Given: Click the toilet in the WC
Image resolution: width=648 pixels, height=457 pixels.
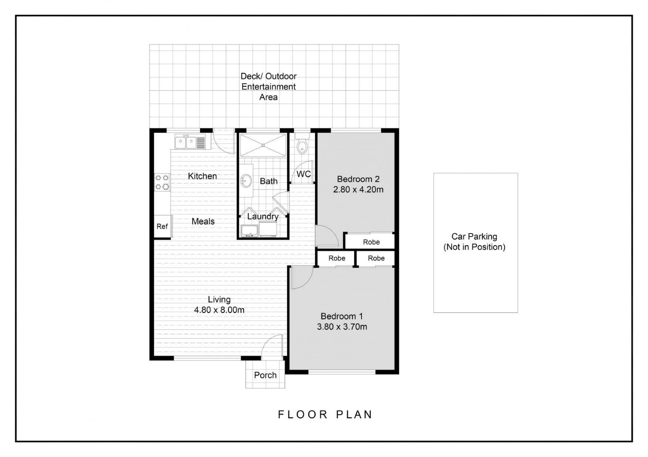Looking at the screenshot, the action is [x=302, y=144].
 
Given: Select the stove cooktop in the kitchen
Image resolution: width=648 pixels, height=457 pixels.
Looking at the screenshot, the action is [x=162, y=182].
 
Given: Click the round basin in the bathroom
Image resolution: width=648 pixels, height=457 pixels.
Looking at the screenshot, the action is [x=246, y=181].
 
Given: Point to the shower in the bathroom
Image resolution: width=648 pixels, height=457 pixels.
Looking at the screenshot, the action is [x=263, y=145].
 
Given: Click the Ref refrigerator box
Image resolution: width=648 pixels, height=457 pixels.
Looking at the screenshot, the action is [x=162, y=226].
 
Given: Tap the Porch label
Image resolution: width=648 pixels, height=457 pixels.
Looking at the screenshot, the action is [x=265, y=375].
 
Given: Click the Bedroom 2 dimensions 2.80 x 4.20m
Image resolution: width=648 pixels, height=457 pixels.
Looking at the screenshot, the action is [x=358, y=189].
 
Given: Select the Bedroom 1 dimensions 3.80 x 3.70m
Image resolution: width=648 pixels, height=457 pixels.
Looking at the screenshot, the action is [x=342, y=327].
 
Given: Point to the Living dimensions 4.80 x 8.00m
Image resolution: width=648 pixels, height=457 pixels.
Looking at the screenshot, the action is [x=219, y=310].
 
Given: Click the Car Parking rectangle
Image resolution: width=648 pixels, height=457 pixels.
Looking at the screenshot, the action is [x=476, y=243].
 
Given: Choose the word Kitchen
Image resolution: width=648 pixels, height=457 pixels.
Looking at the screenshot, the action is [x=202, y=176].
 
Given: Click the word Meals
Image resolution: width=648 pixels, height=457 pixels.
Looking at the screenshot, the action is [x=203, y=221].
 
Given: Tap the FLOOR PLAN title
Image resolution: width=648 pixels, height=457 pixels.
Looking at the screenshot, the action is [x=325, y=415].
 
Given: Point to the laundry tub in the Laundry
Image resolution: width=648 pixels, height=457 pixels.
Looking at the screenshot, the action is [x=249, y=231].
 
